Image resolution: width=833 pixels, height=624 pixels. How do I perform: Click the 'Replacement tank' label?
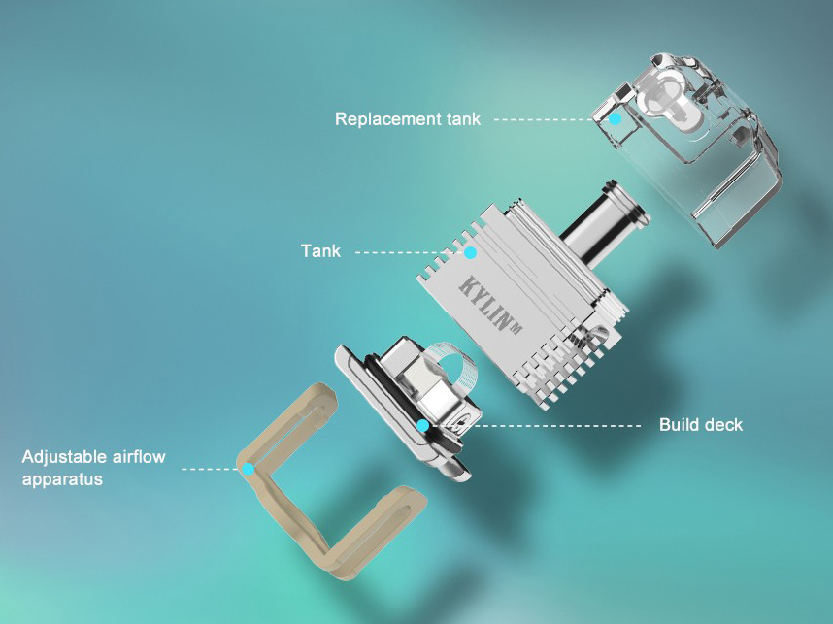408,118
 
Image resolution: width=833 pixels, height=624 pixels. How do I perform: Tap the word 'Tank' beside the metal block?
320,250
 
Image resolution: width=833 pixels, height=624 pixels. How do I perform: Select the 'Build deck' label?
701,425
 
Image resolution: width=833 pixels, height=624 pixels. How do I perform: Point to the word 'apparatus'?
62,479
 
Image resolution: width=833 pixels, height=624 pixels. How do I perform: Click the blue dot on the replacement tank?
615,118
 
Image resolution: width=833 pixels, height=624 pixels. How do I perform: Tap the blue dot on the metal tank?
470,252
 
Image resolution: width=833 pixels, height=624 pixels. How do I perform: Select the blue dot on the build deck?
423,425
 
